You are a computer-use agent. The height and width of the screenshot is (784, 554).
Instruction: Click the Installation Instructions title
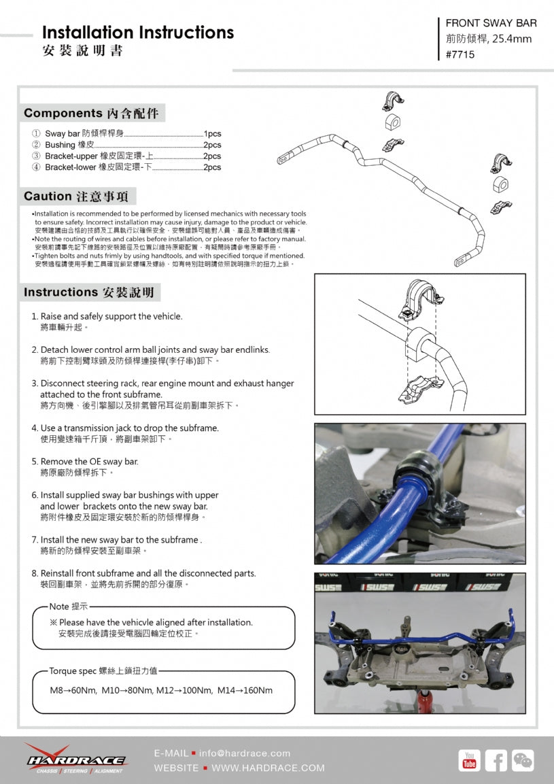pyautogui.click(x=138, y=33)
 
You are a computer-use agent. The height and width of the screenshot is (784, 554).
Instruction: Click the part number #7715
pyautogui.click(x=460, y=54)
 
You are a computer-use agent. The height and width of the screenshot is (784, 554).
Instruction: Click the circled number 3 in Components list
pyautogui.click(x=36, y=156)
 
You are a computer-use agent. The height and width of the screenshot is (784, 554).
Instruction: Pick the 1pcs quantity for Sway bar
pyautogui.click(x=212, y=134)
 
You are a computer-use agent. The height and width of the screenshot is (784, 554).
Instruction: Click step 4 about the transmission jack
pyautogui.click(x=129, y=428)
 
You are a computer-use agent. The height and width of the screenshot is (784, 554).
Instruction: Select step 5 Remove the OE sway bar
pyautogui.click(x=89, y=462)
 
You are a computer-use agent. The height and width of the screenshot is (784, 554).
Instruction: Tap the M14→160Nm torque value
pyautogui.click(x=245, y=690)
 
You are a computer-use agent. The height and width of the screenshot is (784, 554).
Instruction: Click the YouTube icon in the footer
pyautogui.click(x=469, y=760)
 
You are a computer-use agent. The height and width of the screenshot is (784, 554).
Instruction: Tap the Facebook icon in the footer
pyautogui.click(x=496, y=760)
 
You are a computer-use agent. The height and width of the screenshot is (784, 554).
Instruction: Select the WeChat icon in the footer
pyautogui.click(x=523, y=760)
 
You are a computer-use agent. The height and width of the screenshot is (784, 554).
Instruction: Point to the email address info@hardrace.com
pyautogui.click(x=245, y=753)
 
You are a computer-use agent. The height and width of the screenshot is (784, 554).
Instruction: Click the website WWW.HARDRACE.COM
pyautogui.click(x=268, y=768)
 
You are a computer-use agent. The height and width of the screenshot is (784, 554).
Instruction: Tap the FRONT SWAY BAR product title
pyautogui.click(x=491, y=23)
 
